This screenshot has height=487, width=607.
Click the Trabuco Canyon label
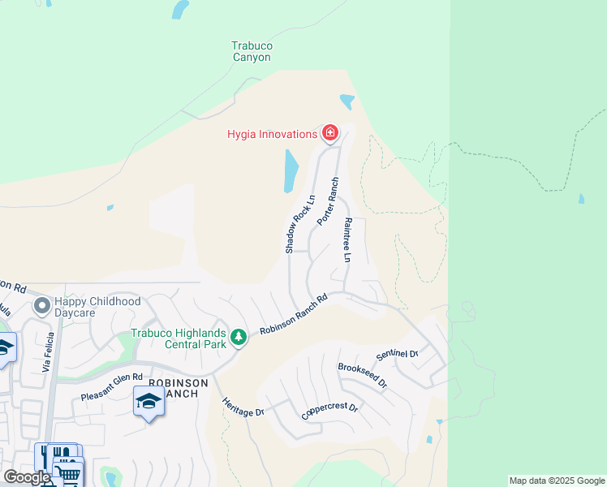pos(252,52)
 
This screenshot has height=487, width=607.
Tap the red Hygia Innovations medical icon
pos(329,133)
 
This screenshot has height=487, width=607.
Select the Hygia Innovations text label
pos(271,134)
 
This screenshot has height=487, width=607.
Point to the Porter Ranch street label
pos(327,203)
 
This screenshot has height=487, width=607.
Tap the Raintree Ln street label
pos(347,239)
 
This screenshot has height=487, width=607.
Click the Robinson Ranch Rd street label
pos(293,315)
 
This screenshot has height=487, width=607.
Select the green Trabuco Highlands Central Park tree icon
pos(238,336)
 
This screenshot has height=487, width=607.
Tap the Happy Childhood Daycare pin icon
pos(41,307)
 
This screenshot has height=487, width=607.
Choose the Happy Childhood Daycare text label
pos(97,307)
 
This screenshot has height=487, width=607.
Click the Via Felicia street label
pos(50,352)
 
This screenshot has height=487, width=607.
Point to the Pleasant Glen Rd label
pos(111,386)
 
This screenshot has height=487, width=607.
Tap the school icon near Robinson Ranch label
pos(149,401)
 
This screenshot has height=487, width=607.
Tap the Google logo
pos(27,476)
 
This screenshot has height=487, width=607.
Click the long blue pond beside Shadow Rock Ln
pos(291,171)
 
